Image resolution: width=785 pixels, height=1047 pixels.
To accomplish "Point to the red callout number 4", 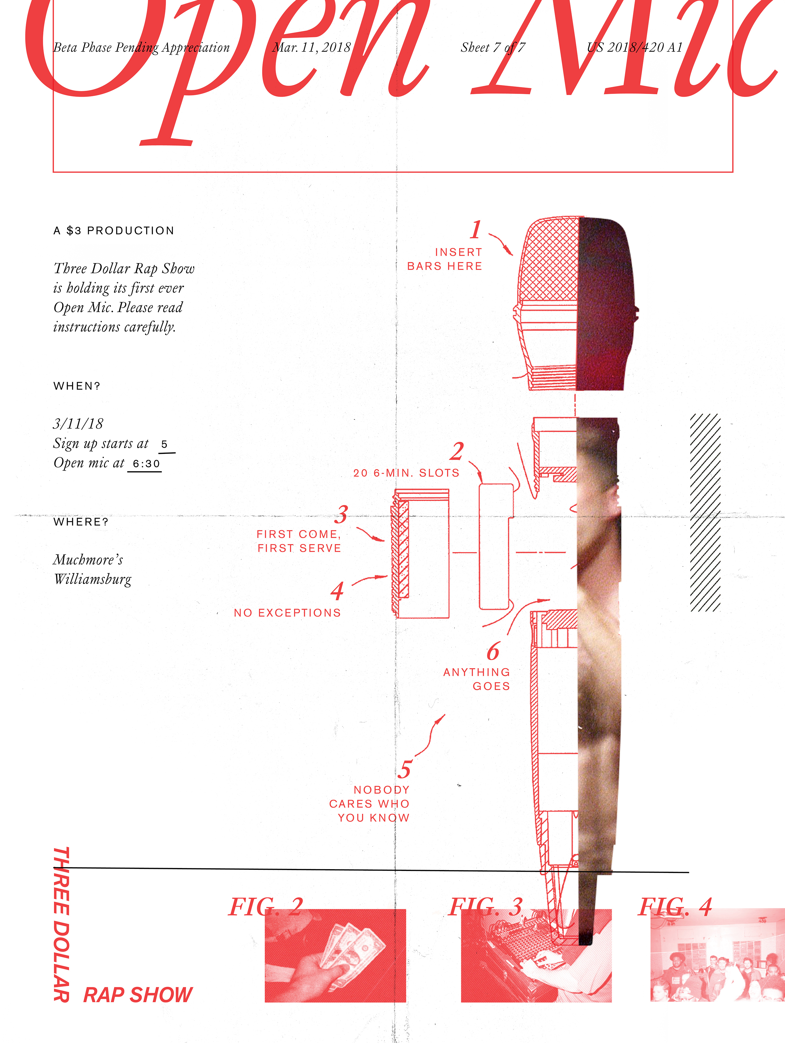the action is (x=337, y=591).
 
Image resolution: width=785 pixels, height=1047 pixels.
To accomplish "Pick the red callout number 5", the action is (x=404, y=770).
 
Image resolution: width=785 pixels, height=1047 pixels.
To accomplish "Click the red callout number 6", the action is (x=493, y=652).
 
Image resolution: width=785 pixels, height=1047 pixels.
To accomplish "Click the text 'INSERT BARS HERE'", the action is (x=445, y=259).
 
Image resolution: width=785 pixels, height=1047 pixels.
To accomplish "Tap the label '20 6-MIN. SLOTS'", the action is (x=406, y=473).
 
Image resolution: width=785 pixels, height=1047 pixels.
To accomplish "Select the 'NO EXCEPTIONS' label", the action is (x=287, y=613).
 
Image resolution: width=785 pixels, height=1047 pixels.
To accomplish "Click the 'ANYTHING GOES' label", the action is (x=477, y=679).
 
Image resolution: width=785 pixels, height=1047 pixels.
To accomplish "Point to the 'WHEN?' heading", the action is (x=77, y=386).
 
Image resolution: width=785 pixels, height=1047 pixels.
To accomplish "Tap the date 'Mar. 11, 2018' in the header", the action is (x=311, y=47).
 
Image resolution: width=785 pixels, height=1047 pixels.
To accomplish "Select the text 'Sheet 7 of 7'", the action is (x=493, y=47).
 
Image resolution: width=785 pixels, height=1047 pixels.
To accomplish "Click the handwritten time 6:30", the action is (x=146, y=464).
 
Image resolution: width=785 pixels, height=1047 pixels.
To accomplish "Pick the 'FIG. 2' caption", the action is (x=266, y=907).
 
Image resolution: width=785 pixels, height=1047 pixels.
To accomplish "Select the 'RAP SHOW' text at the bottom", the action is (x=138, y=995).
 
